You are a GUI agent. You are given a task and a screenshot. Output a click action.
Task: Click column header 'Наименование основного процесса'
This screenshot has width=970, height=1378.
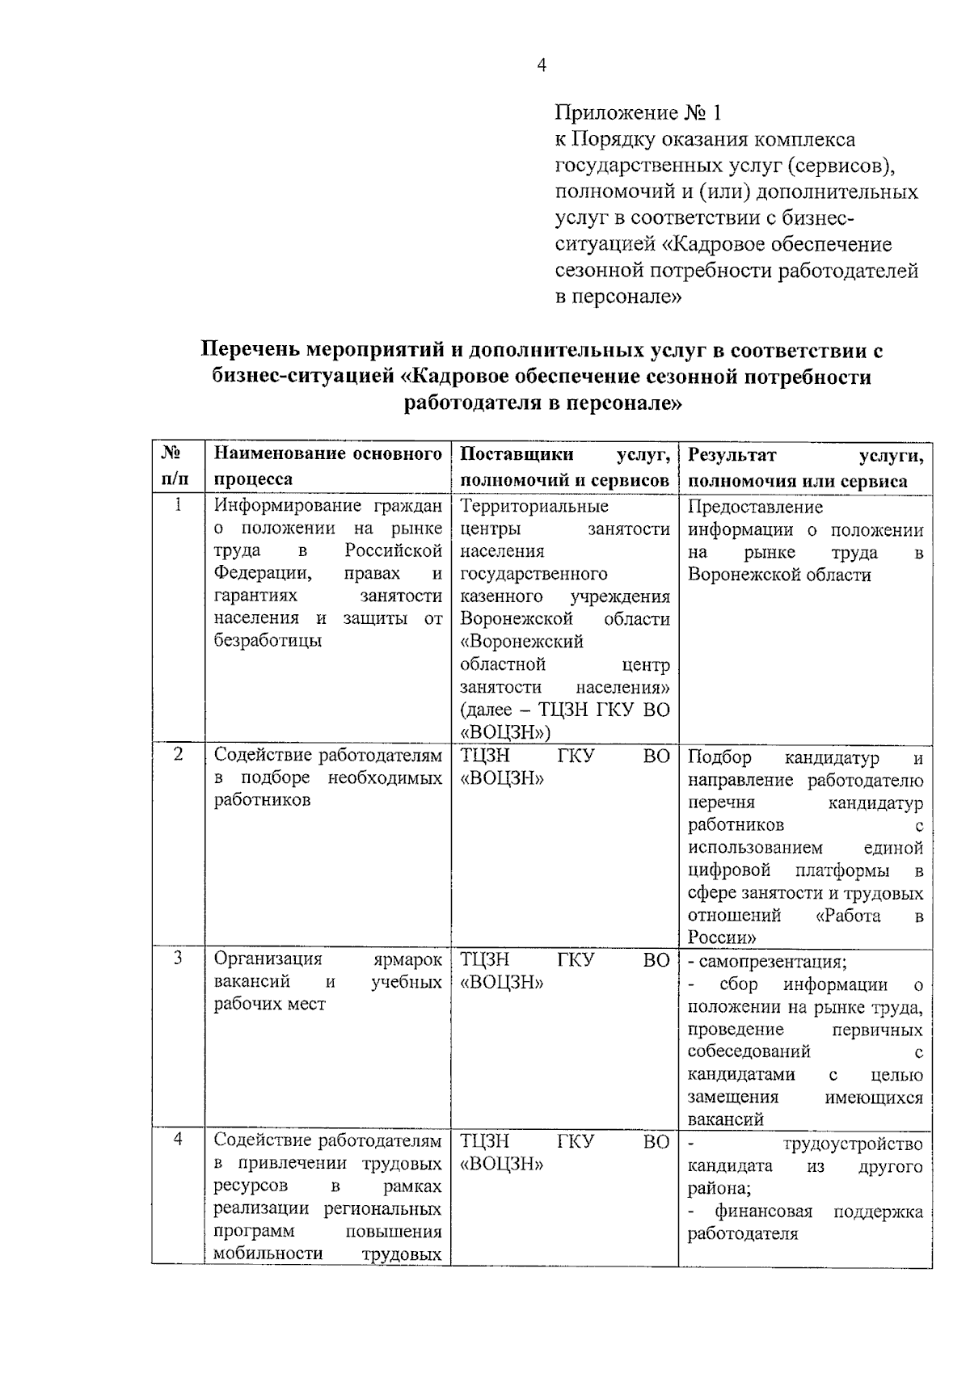[327, 466]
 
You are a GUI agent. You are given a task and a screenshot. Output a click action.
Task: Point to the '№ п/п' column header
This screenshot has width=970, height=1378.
[177, 466]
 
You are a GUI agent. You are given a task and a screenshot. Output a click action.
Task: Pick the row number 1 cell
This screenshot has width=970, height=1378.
[177, 506]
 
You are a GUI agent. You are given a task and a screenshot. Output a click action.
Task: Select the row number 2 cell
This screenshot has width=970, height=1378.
[177, 755]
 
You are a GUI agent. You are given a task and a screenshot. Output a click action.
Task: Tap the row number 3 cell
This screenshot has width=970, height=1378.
[177, 959]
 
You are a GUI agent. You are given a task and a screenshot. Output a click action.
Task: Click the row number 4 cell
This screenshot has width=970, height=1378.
[177, 1140]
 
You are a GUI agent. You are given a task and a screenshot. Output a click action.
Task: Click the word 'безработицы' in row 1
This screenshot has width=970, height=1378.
[268, 641]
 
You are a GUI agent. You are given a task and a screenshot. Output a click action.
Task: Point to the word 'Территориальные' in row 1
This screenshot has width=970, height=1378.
[533, 507]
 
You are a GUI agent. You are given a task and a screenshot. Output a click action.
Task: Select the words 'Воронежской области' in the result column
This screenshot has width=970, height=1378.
[779, 575]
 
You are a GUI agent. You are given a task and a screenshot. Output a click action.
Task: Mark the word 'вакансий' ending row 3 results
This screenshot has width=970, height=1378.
[725, 1120]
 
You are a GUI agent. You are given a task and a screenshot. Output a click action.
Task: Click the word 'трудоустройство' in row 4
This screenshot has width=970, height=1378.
[853, 1144]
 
